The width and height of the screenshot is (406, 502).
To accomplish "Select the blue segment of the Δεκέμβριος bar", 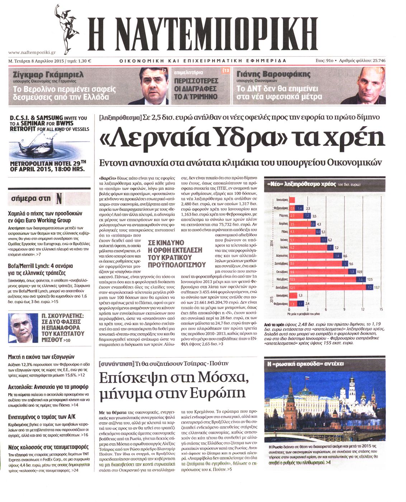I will click(370, 287).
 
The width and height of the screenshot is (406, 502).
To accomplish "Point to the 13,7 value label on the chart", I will click(377, 287).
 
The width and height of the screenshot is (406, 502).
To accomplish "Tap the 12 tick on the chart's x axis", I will click(363, 309).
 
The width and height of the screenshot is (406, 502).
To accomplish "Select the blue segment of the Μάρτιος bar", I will click(307, 216).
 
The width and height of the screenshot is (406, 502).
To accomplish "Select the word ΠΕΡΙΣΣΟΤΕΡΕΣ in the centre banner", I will click(196, 81).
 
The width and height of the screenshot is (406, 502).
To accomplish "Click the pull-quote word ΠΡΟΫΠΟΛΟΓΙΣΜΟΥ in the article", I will click(177, 265).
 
